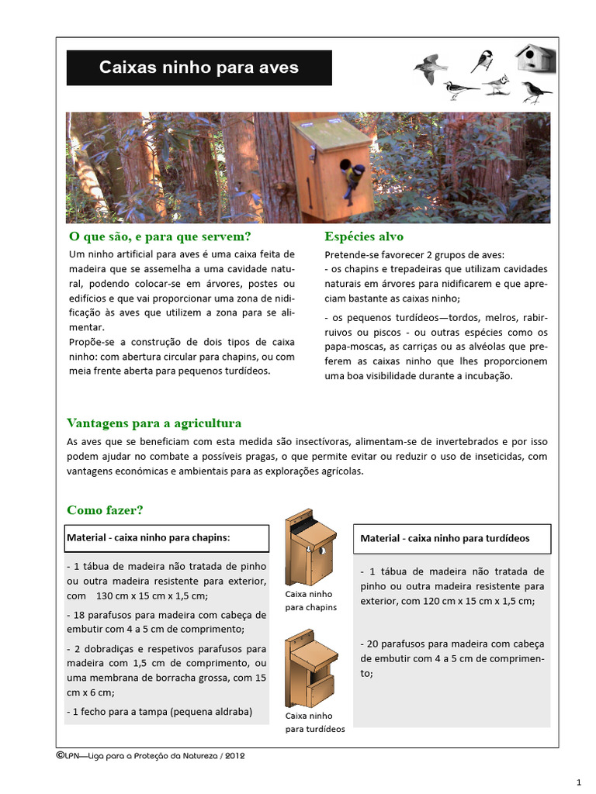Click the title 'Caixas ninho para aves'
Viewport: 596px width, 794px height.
click(199, 67)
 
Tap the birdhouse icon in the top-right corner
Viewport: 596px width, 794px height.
click(535, 57)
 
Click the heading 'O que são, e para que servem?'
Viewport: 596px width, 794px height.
click(161, 236)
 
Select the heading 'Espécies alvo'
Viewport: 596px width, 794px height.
click(363, 236)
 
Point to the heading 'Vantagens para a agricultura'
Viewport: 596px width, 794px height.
click(154, 423)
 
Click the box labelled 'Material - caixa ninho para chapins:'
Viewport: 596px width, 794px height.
click(167, 537)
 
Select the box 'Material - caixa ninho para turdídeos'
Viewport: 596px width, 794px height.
click(452, 538)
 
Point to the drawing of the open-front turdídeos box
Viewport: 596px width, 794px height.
click(310, 668)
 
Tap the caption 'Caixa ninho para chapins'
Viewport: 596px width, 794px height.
click(310, 601)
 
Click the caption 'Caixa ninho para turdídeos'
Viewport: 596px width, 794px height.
click(314, 723)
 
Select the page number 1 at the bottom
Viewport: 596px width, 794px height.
click(578, 781)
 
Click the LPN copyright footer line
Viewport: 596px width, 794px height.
click(151, 756)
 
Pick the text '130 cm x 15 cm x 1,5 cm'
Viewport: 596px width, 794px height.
click(152, 596)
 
